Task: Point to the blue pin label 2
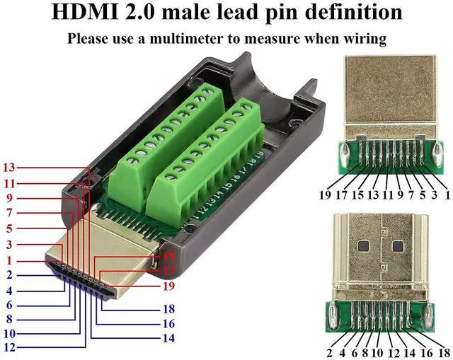tap(8, 274)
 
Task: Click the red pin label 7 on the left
tap(8, 213)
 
